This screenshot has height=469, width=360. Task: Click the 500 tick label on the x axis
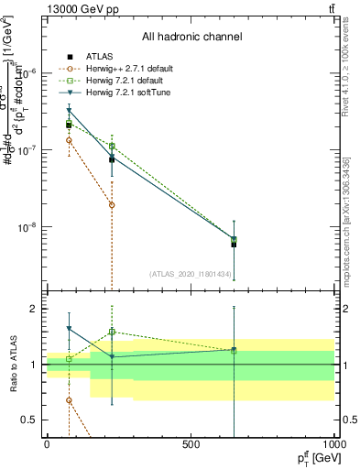(x=191, y=444)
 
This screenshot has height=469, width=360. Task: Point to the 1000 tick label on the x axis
(x=334, y=444)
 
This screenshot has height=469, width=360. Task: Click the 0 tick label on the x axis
(x=47, y=444)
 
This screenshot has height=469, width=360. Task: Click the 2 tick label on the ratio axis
(x=33, y=309)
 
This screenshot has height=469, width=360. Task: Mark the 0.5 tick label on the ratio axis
(x=29, y=420)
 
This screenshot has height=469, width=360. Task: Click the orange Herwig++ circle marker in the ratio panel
(x=69, y=400)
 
